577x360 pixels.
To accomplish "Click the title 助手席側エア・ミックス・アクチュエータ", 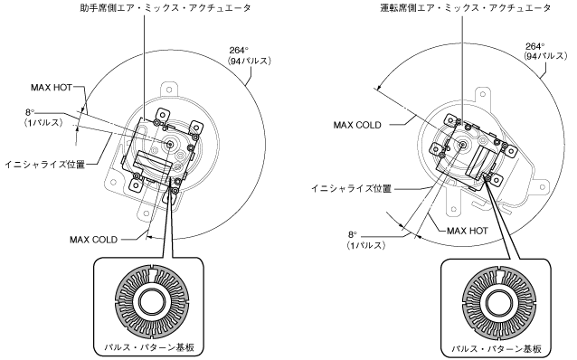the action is [166, 8].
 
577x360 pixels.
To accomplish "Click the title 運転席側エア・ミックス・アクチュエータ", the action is [465, 8].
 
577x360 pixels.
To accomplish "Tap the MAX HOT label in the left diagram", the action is [52, 88].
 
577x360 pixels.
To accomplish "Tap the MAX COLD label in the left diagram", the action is [93, 240].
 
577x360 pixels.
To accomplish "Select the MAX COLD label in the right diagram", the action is [357, 125].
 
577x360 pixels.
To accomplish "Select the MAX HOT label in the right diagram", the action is [468, 231].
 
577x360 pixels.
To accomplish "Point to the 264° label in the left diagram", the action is [239, 51].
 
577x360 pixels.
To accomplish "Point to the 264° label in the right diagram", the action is [535, 46].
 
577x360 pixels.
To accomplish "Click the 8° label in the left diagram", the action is [30, 112].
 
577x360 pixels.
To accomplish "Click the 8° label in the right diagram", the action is [353, 234].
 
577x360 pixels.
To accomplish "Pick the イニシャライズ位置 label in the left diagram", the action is [45, 165].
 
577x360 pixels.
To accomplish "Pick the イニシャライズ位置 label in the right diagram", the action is [351, 188].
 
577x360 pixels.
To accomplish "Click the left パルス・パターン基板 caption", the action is [149, 347].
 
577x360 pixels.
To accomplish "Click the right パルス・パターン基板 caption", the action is [497, 348].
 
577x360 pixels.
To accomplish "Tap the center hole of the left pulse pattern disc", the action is [152, 302].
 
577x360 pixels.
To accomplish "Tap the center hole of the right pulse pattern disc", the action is [498, 303].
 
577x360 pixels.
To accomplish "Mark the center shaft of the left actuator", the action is [170, 145].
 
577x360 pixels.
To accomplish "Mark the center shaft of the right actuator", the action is [462, 145].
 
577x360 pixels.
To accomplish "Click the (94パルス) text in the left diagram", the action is [250, 61].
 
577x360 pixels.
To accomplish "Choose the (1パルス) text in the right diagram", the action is [366, 245].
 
